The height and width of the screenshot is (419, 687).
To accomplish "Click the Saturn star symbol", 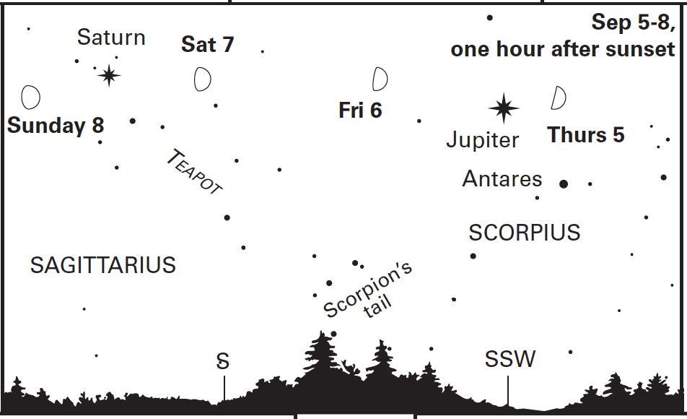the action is point(109,75).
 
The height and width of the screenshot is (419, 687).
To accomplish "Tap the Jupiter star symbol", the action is point(504,108).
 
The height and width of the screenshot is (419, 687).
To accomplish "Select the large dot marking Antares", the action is point(564,183).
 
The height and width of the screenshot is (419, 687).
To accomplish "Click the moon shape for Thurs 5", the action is point(559,98).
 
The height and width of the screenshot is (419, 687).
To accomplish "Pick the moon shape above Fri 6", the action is point(380,79).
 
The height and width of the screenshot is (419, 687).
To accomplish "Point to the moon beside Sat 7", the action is point(202,79).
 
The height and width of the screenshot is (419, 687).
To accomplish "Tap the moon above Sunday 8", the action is point(30,97).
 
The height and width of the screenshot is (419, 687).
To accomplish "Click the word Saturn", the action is point(111,37).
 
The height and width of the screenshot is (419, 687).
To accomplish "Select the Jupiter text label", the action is point(482,141).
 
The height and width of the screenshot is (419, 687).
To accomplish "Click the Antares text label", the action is point(502,178).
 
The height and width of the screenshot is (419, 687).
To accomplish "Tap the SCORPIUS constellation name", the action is point(525,233).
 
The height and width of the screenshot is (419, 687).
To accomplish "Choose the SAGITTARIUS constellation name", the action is point(103,265).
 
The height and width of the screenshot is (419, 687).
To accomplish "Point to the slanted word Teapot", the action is point(195,171).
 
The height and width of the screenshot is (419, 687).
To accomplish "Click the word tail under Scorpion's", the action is point(377,306).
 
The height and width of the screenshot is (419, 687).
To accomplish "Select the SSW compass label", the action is point(510,359).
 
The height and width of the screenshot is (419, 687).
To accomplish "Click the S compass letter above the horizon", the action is point(223,361).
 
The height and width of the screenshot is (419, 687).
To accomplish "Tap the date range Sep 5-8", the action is point(633,22).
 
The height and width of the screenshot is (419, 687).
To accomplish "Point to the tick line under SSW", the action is point(508,390).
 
